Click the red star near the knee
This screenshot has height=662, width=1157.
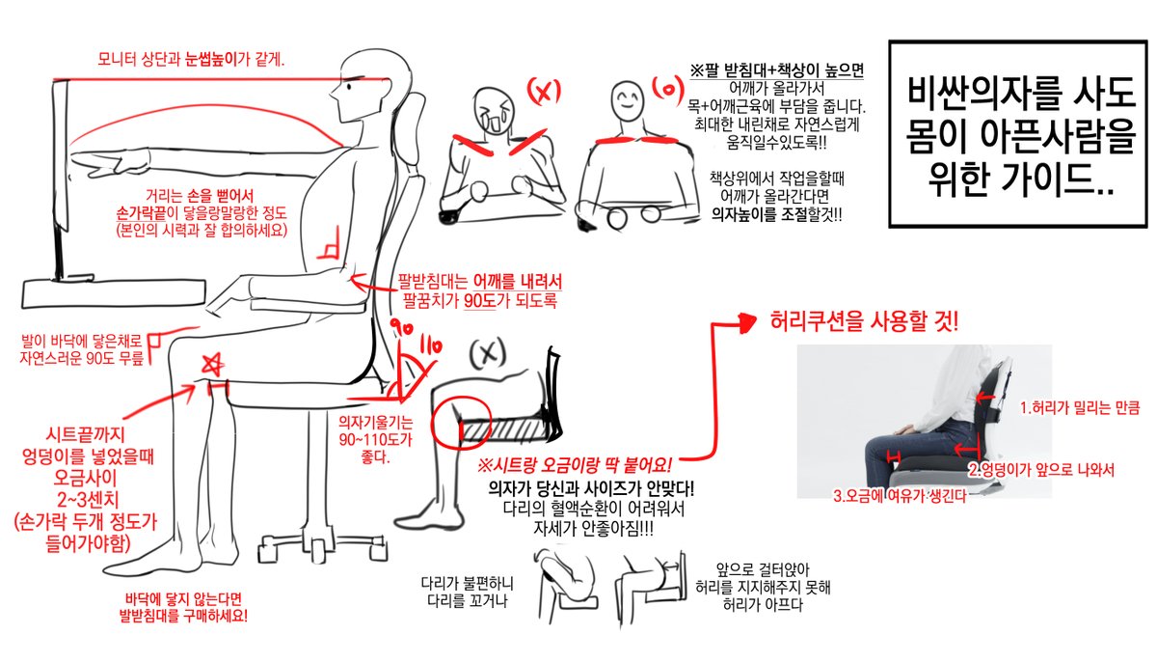click(212, 364)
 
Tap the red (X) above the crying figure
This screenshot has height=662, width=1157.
click(544, 92)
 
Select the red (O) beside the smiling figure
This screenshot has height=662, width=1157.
click(668, 90)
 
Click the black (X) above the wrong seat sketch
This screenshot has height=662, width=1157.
click(488, 354)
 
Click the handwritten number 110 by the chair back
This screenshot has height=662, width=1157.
click(430, 345)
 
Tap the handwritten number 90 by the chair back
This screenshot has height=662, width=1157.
click(401, 327)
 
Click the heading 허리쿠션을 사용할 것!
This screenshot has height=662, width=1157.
click(864, 321)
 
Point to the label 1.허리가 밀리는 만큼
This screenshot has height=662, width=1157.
click(1080, 408)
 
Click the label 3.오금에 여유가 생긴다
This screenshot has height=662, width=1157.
click(900, 496)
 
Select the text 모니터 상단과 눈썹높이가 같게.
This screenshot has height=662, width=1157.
click(191, 60)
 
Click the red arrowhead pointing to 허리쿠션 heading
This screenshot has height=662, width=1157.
click(747, 322)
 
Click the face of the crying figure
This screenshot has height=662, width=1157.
click(495, 112)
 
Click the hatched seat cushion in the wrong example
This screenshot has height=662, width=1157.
click(500, 430)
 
